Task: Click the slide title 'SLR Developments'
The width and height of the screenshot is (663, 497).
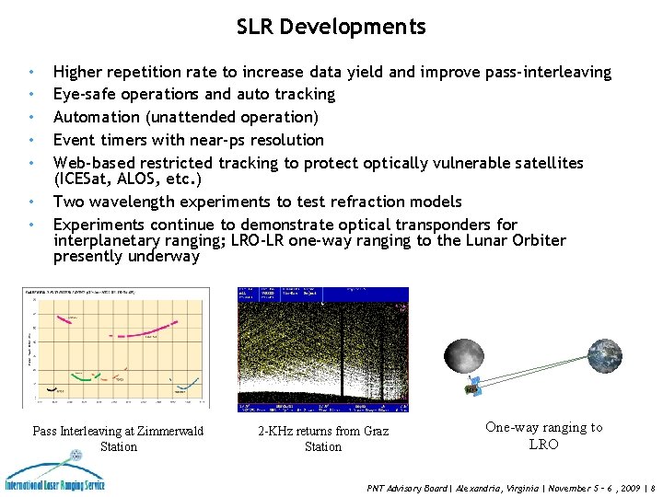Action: coord(331,27)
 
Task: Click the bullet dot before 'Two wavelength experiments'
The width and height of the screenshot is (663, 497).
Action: coord(32,202)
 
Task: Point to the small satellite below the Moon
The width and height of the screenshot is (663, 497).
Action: coord(475,387)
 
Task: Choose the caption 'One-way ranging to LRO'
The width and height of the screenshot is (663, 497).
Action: coord(543,435)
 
